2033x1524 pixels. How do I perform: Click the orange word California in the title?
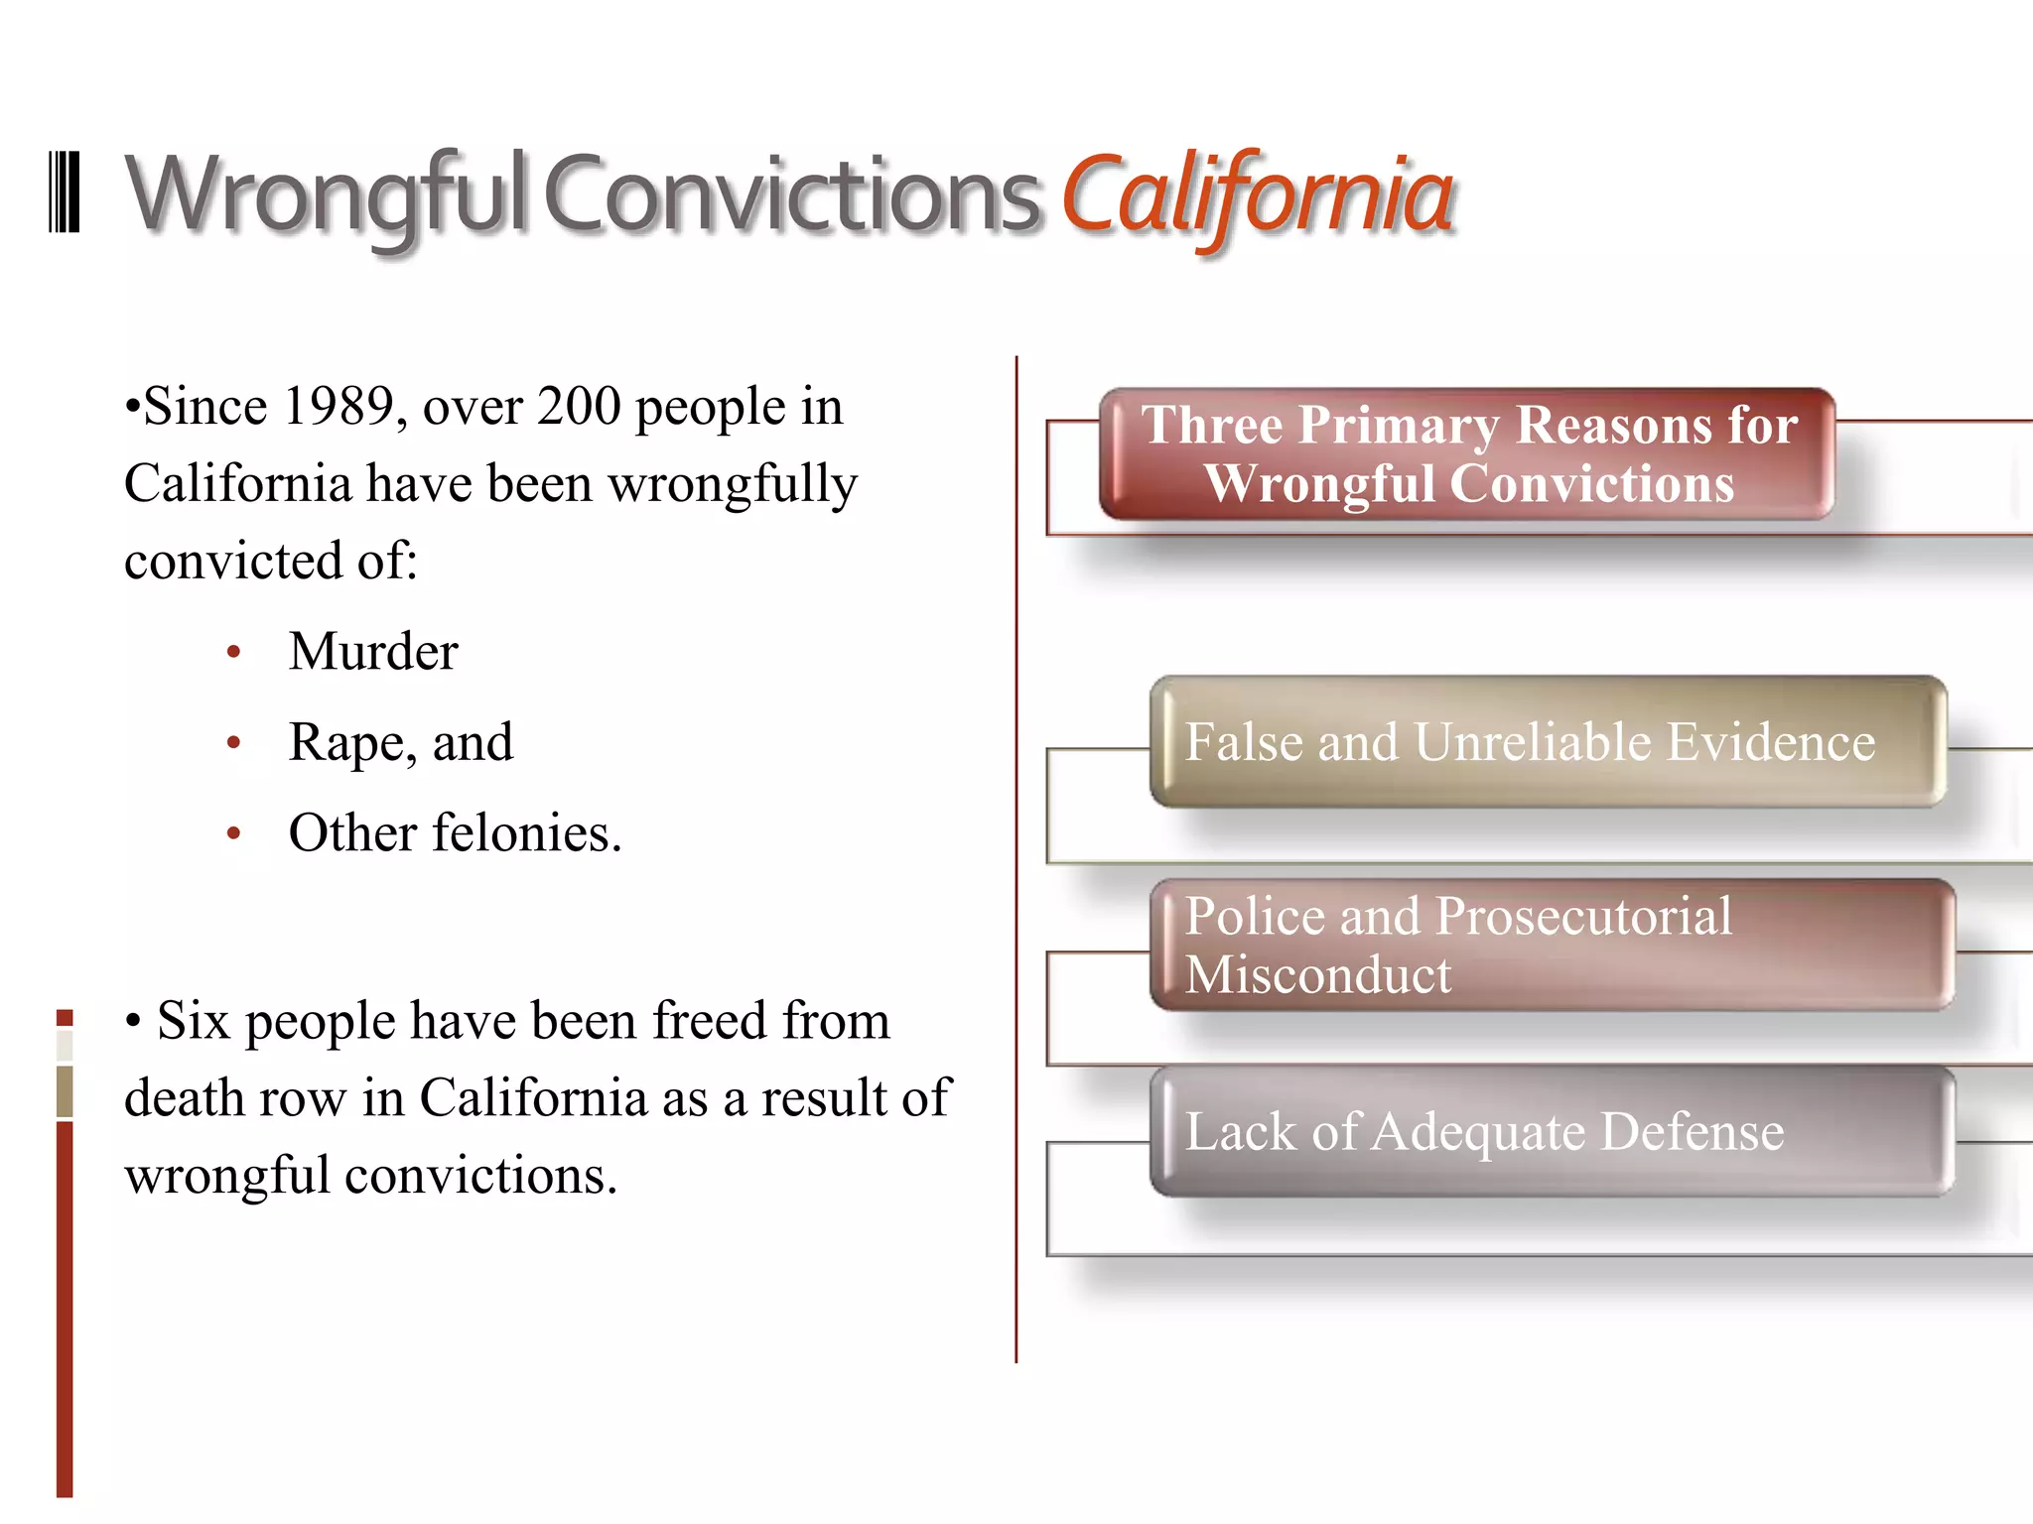coord(1258,194)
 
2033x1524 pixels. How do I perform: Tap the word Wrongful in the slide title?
coord(325,194)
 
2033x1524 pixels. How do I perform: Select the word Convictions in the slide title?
coord(791,194)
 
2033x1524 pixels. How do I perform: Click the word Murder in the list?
coord(373,652)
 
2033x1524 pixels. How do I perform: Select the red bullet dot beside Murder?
coord(234,653)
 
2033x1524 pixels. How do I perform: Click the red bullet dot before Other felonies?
coord(234,833)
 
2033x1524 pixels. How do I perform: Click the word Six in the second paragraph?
coord(193,1021)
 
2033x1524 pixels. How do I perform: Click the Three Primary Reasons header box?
coord(1467,453)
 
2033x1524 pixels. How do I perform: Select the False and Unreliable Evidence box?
coord(1547,742)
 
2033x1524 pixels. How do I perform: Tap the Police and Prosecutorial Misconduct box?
coord(1552,944)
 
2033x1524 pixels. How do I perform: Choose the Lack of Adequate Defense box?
coord(1552,1131)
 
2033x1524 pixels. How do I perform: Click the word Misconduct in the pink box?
coord(1317,974)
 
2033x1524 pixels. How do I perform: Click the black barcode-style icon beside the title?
coord(65,192)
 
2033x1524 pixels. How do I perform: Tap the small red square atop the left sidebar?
coord(65,1017)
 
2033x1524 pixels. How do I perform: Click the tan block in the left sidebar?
coord(65,1090)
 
